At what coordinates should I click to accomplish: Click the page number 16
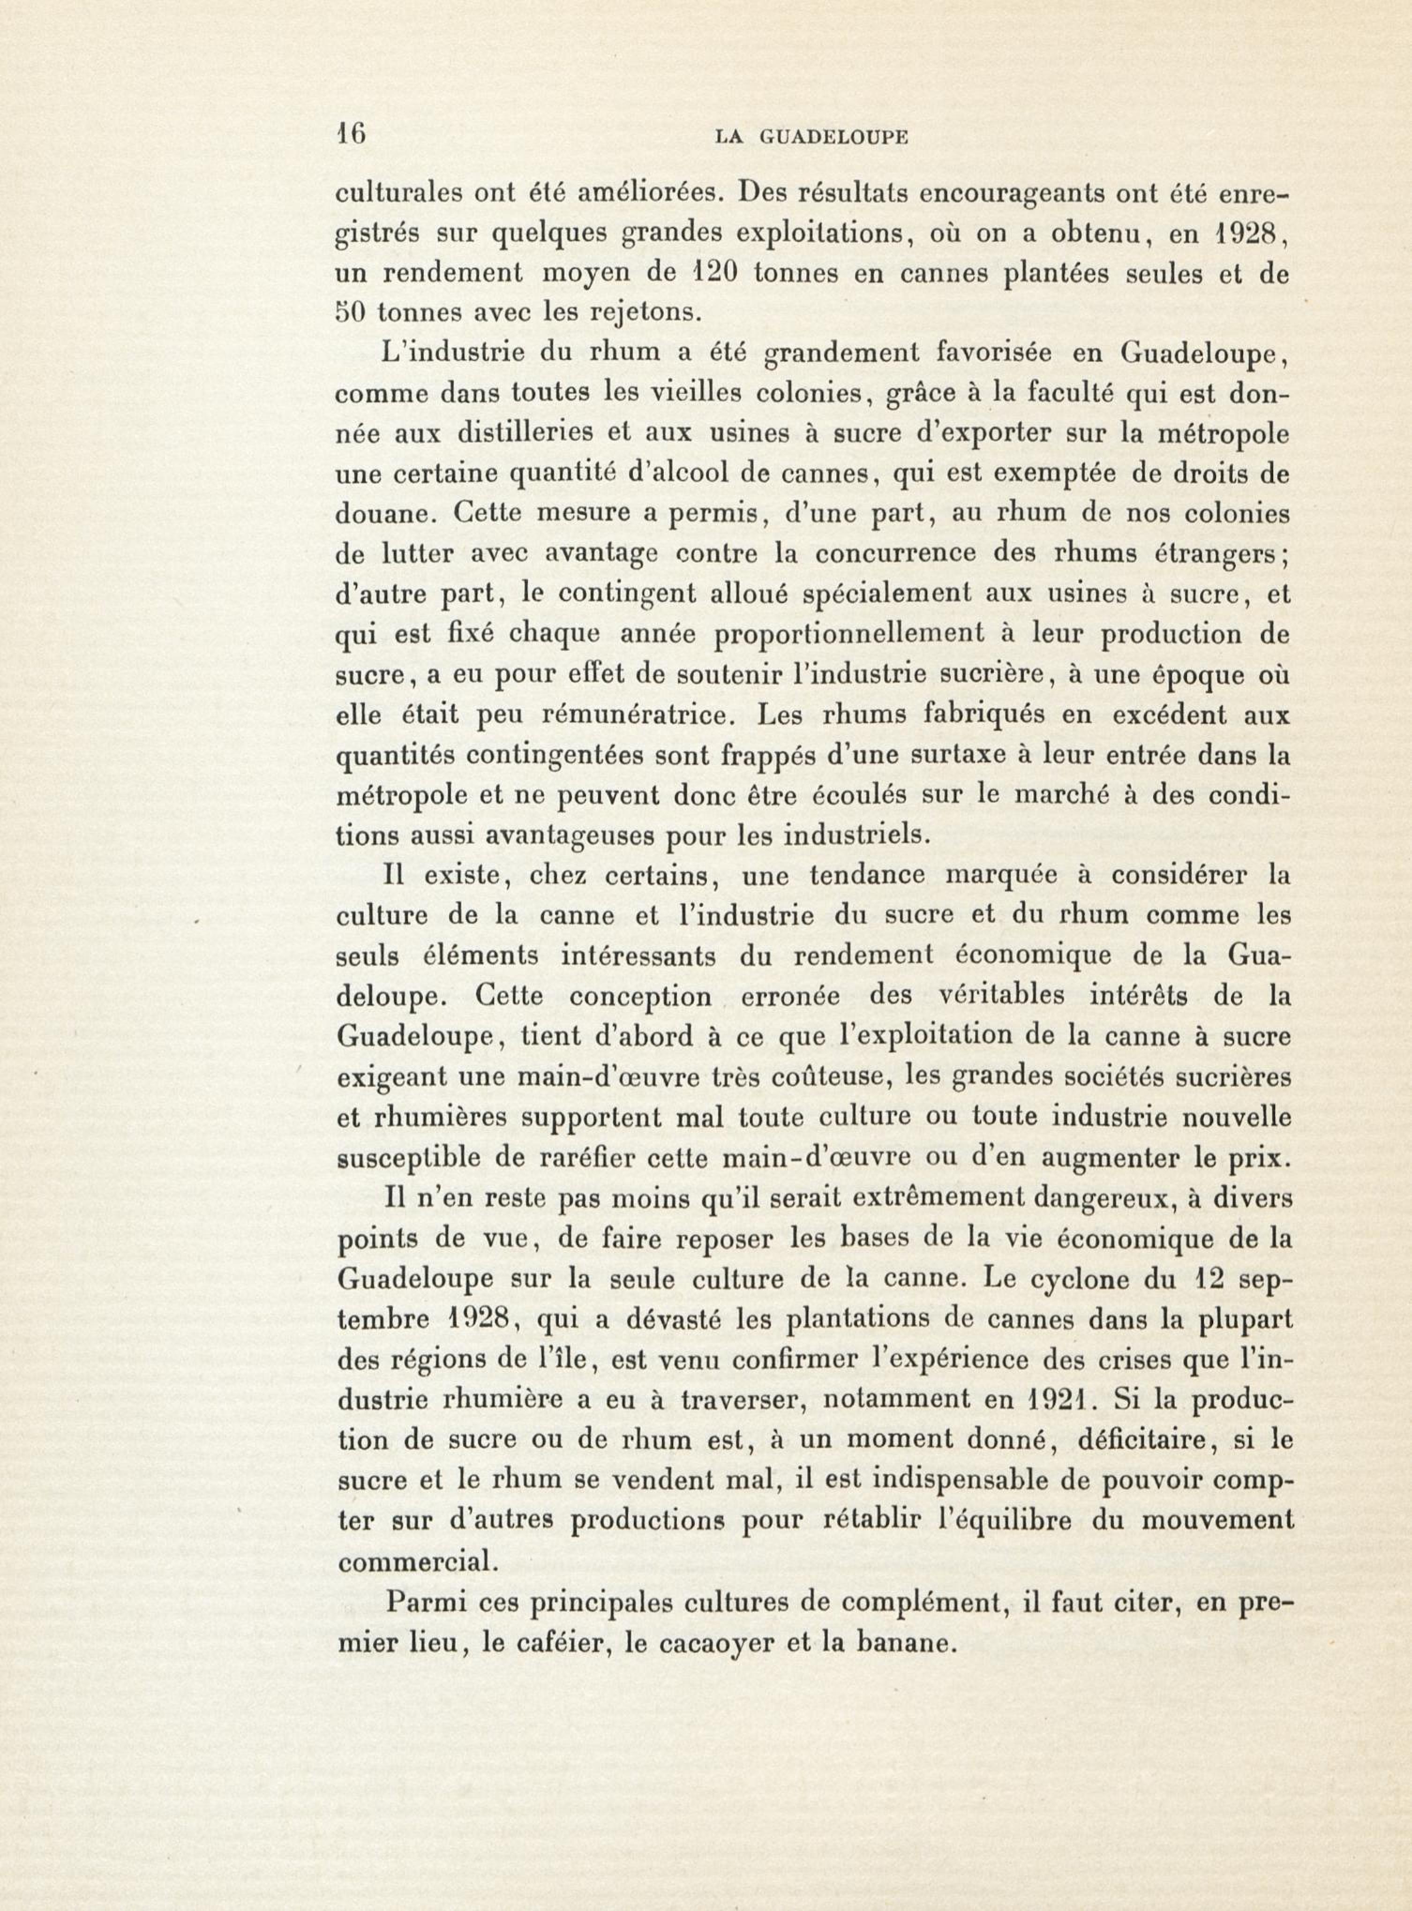(x=351, y=134)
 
